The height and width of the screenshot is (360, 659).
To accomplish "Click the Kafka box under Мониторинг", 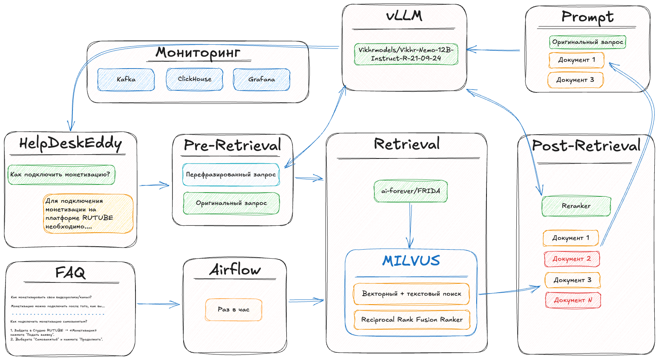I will click(126, 80).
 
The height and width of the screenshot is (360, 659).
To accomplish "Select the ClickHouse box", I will click(195, 79).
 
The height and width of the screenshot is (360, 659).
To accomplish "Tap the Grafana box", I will click(262, 80).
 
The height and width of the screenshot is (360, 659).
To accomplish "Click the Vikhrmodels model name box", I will click(406, 54).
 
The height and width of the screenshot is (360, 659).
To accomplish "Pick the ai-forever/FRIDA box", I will click(411, 191).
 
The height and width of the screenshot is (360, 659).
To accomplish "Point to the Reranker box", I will click(576, 206).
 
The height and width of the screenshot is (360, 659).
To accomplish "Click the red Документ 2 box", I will click(572, 259).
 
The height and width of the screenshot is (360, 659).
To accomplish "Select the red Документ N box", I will click(573, 300).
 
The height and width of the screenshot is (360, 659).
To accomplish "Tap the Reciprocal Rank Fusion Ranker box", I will click(412, 320).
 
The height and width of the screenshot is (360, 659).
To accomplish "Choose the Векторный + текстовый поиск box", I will click(412, 294).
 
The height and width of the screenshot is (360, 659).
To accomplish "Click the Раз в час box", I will click(233, 310).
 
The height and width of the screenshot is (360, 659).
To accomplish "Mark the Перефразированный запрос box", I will click(231, 175).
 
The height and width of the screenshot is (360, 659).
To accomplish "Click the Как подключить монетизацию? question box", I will click(61, 175).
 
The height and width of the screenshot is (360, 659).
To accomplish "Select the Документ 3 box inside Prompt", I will click(575, 80).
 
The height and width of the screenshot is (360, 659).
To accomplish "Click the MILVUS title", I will click(411, 261).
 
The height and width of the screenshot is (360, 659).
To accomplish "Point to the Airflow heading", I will click(235, 270).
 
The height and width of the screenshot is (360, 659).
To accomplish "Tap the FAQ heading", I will click(70, 273).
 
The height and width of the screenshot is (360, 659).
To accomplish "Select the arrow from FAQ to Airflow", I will click(158, 304).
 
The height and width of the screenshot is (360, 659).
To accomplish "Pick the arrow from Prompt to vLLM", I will click(494, 50).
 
